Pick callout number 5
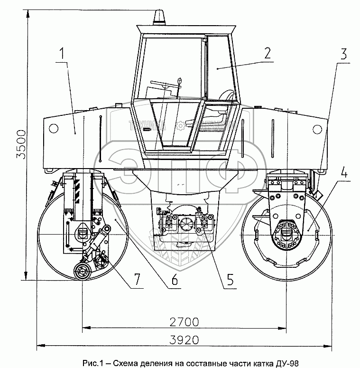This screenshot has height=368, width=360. click(x=230, y=279)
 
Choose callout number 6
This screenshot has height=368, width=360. click(x=174, y=279)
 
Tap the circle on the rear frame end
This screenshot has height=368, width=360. click(x=53, y=128)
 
